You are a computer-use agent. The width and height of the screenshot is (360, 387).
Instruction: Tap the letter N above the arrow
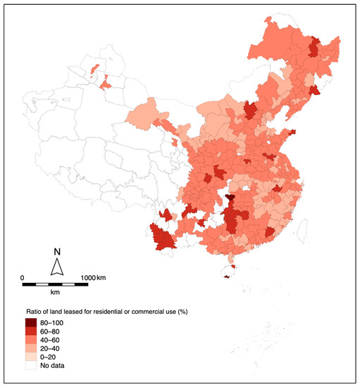pos(58,252)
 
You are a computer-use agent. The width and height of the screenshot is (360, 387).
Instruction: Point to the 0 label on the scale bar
pos(23,277)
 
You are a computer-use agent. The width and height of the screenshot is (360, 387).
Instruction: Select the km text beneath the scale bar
pos(56,291)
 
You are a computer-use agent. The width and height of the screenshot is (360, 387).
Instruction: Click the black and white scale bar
pos(56,284)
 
